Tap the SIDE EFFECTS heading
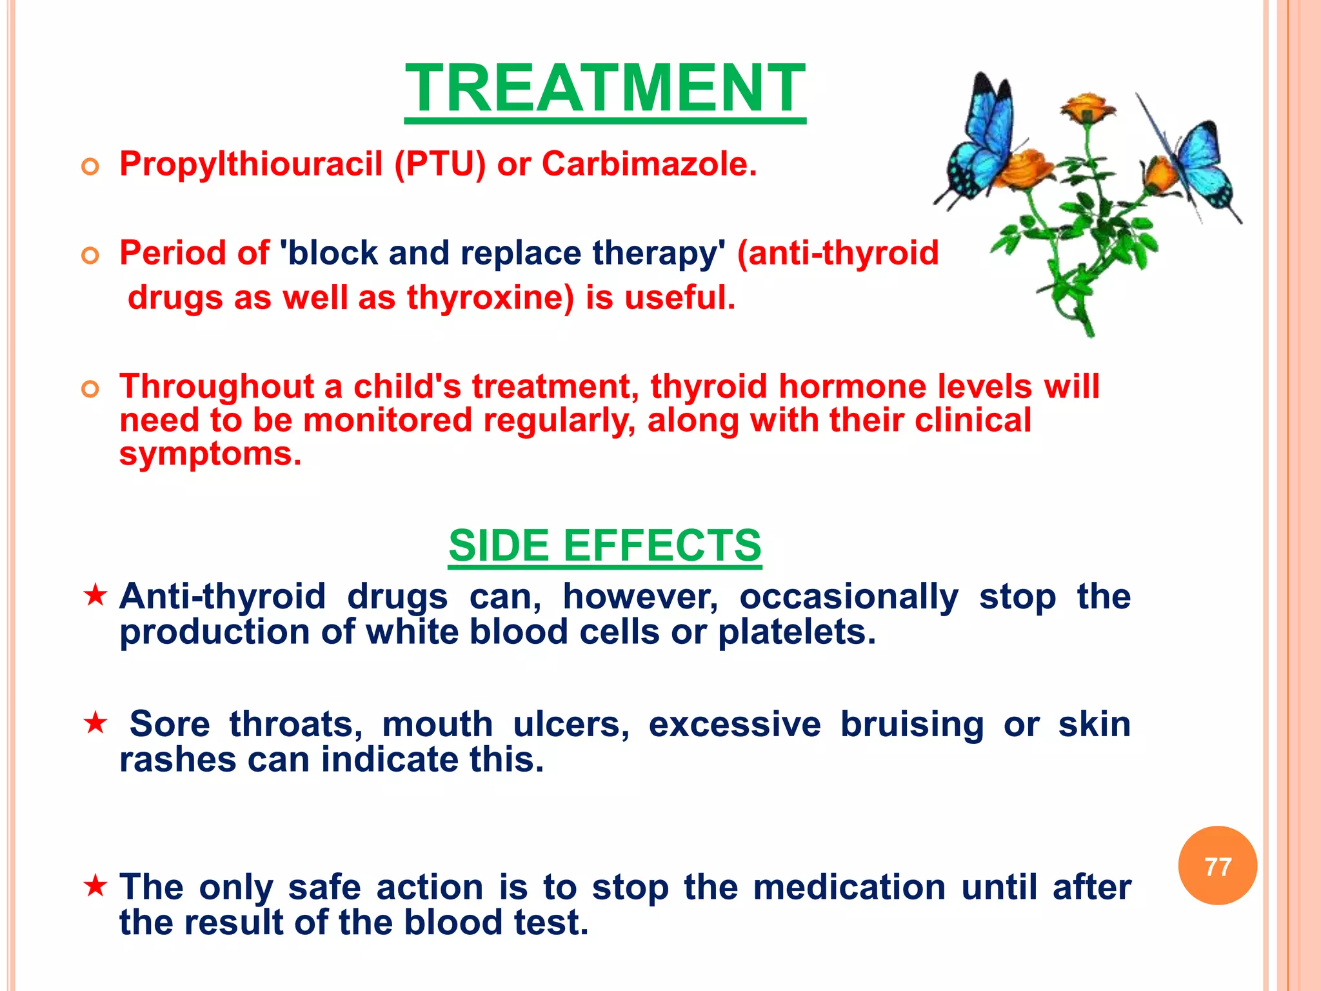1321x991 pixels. pos(605,546)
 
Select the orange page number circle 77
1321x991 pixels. pos(1217,866)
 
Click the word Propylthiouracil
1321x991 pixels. pos(252,164)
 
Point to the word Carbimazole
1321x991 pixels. pos(649,164)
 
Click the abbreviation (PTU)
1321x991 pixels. pos(440,164)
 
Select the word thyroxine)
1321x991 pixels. pos(490,298)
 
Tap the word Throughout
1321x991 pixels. pos(217,386)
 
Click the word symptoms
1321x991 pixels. pos(210,454)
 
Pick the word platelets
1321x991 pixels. pos(797,632)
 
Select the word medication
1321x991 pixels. pos(849,886)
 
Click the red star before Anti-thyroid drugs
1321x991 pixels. pos(95,595)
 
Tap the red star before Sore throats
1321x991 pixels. pos(95,723)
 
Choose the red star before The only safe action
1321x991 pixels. pos(95,886)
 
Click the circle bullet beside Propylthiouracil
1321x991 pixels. pos(90,167)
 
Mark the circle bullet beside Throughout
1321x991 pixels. pos(90,389)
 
